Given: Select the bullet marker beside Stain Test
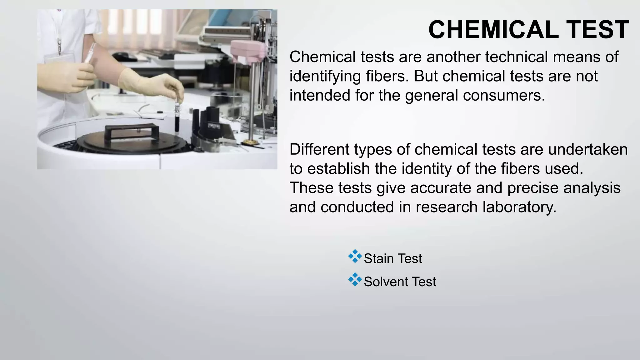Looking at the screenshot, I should pyautogui.click(x=355, y=257).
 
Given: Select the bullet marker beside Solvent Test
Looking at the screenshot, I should pyautogui.click(x=355, y=280).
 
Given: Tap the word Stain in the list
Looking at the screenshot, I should pyautogui.click(x=379, y=259).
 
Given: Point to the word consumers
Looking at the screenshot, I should pyautogui.click(x=504, y=95).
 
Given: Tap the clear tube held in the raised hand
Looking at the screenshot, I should pyautogui.click(x=90, y=53).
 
